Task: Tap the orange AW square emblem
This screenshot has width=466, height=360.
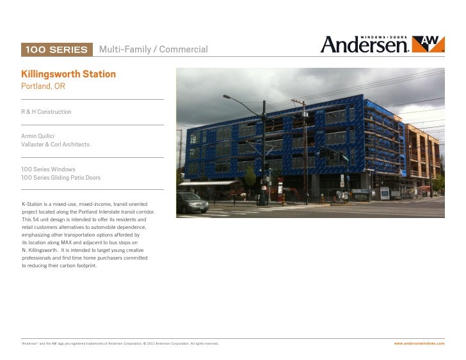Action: (x=426, y=43)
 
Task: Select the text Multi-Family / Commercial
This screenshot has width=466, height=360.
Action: (x=153, y=50)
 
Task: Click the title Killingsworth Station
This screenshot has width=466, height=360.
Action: (x=68, y=75)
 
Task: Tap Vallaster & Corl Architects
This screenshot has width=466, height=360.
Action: (x=56, y=145)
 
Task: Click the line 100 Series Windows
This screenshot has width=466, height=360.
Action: (x=49, y=169)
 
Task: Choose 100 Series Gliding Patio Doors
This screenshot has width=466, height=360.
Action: (x=61, y=177)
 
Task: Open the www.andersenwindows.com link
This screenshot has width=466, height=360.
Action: (x=419, y=343)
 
